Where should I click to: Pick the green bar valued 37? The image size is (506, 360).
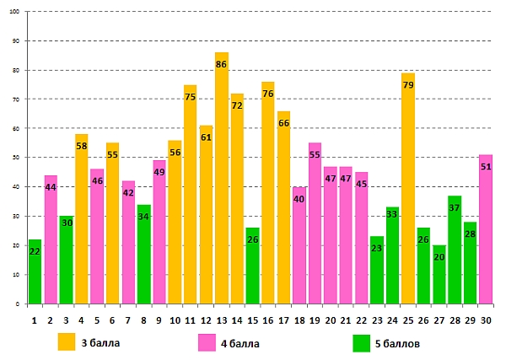pyautogui.click(x=455, y=253)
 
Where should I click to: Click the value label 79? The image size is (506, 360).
pyautogui.click(x=408, y=84)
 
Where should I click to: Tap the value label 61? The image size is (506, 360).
pyautogui.click(x=207, y=137)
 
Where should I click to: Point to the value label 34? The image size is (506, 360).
pyautogui.click(x=144, y=217)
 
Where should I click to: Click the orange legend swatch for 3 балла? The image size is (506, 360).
pyautogui.click(x=67, y=342)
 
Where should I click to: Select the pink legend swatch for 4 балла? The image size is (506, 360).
pyautogui.click(x=207, y=342)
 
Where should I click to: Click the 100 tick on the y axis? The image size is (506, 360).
pyautogui.click(x=15, y=12)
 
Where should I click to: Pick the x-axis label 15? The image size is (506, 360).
pyautogui.click(x=253, y=320)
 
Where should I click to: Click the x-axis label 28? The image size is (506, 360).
pyautogui.click(x=455, y=320)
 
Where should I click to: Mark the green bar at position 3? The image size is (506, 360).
pyautogui.click(x=66, y=261)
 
